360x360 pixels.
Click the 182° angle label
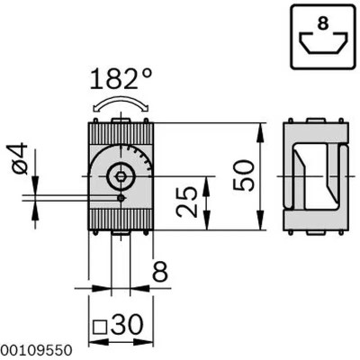click(x=121, y=79)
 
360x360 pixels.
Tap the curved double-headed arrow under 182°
click(x=120, y=104)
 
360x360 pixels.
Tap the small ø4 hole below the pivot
click(x=121, y=197)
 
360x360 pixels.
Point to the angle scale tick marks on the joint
click(x=138, y=155)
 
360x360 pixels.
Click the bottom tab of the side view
click(x=315, y=233)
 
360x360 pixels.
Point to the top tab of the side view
click(x=315, y=120)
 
